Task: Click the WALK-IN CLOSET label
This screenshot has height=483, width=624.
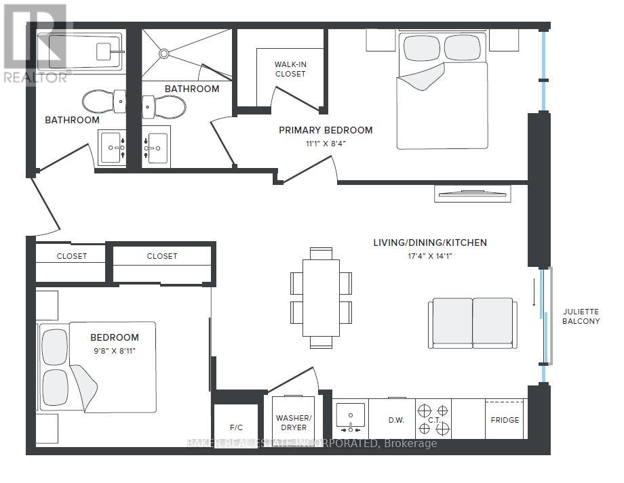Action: click(x=290, y=69)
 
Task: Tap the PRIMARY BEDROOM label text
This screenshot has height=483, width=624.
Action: click(x=326, y=130)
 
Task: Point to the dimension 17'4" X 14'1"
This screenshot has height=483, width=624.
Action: click(x=430, y=256)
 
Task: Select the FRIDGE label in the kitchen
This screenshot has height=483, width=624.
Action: click(x=505, y=420)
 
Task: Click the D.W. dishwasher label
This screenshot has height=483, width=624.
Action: click(x=396, y=420)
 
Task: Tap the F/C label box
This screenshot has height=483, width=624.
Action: click(x=236, y=427)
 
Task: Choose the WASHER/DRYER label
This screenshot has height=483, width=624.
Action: click(x=294, y=423)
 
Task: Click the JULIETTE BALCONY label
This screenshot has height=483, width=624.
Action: click(x=581, y=316)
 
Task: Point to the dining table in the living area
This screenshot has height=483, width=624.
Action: click(x=321, y=298)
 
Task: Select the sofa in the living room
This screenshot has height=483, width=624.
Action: click(x=473, y=323)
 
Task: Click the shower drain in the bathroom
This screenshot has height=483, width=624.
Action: click(x=164, y=53)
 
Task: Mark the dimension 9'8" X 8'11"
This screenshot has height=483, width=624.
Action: click(x=115, y=351)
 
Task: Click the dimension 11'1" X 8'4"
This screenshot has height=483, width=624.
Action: click(x=326, y=144)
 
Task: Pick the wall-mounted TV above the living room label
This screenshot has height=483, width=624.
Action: click(x=472, y=194)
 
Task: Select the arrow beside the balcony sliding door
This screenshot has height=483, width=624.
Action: click(x=534, y=293)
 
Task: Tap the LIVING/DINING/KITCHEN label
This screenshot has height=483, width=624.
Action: click(x=430, y=243)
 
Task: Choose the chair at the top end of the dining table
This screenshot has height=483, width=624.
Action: click(x=321, y=253)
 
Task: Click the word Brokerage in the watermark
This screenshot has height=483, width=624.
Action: click(x=411, y=443)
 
